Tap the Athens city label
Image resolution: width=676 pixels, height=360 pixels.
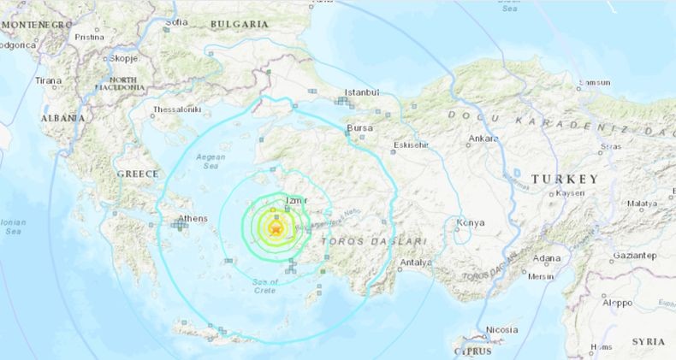(193, 218)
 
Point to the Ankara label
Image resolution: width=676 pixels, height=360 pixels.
(483, 138)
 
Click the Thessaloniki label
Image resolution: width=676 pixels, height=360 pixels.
(176, 109)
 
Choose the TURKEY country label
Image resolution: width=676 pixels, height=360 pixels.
(565, 179)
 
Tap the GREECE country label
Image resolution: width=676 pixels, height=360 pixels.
(138, 174)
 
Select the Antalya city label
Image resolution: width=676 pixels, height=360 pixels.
(416, 263)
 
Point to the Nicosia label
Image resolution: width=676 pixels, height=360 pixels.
(501, 330)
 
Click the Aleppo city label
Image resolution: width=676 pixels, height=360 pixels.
(617, 303)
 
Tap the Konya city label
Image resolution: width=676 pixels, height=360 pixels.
(471, 223)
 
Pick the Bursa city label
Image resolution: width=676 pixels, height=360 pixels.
(359, 128)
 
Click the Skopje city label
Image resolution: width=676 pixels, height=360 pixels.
(123, 58)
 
